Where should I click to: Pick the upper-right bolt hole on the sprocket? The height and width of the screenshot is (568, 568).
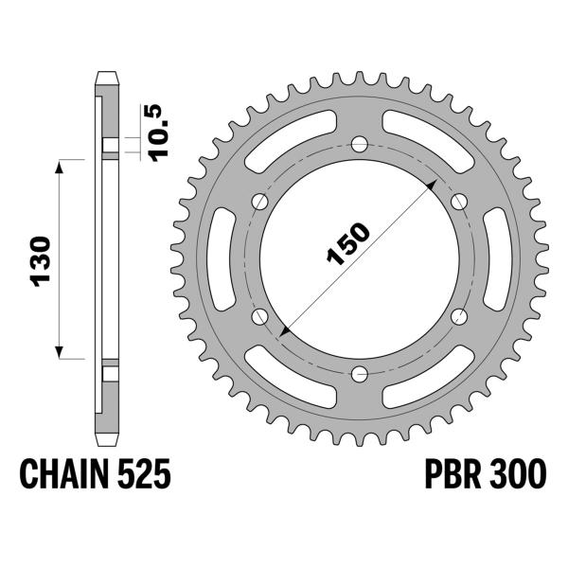tap(460, 201)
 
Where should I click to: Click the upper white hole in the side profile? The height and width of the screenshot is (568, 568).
tap(110, 145)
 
